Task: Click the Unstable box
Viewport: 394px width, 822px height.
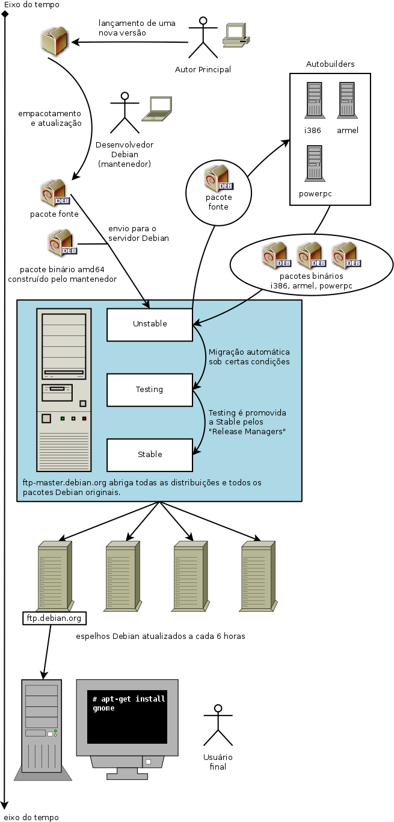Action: [x=150, y=325]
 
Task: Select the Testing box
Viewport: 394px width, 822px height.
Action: [x=150, y=390]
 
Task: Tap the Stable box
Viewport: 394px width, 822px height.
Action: [x=150, y=455]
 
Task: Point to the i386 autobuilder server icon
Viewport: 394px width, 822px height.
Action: [x=314, y=100]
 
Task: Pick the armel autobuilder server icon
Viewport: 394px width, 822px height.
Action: [x=346, y=100]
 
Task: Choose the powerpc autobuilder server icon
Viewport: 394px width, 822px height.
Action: [x=315, y=163]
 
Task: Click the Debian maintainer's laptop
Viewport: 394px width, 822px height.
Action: [x=158, y=109]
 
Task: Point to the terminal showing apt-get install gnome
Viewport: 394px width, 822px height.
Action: [x=127, y=717]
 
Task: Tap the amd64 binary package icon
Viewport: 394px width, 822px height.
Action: [x=62, y=243]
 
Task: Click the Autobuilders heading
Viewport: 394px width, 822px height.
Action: [x=330, y=64]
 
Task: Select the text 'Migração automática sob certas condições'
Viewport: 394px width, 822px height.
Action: [x=249, y=357]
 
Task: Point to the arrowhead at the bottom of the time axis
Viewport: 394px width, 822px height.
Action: [x=5, y=805]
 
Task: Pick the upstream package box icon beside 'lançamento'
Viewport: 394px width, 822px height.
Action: [x=56, y=41]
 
